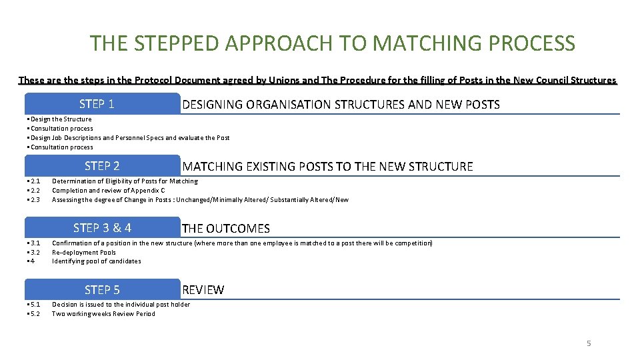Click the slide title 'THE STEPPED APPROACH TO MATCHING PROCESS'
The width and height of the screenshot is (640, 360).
pyautogui.click(x=332, y=43)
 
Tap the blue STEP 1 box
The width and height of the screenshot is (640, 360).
pyautogui.click(x=103, y=103)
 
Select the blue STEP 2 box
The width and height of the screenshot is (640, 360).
pyautogui.click(x=103, y=165)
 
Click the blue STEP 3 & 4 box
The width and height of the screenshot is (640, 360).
pyautogui.click(x=103, y=227)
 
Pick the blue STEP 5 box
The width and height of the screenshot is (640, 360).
pyautogui.click(x=103, y=289)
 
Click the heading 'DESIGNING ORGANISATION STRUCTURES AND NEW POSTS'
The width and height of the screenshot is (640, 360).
pyautogui.click(x=341, y=104)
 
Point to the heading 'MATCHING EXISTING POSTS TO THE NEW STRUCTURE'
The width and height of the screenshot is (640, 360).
pyautogui.click(x=327, y=166)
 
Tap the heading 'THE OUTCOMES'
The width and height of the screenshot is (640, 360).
pyautogui.click(x=226, y=228)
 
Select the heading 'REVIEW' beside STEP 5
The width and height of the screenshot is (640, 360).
pyautogui.click(x=203, y=290)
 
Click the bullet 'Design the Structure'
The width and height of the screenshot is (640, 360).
pyautogui.click(x=61, y=119)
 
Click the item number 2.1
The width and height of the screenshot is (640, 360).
pyautogui.click(x=34, y=181)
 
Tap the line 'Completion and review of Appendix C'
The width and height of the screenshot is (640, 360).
pyautogui.click(x=108, y=191)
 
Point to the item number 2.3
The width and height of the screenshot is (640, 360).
pyautogui.click(x=34, y=200)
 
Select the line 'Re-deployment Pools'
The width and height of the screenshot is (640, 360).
pyautogui.click(x=84, y=253)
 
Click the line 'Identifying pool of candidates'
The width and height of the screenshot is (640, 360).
pyautogui.click(x=97, y=261)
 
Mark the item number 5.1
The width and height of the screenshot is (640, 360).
pyautogui.click(x=34, y=305)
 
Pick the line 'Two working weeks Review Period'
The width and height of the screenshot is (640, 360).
pyautogui.click(x=103, y=314)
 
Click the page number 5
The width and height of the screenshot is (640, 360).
pyautogui.click(x=589, y=343)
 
